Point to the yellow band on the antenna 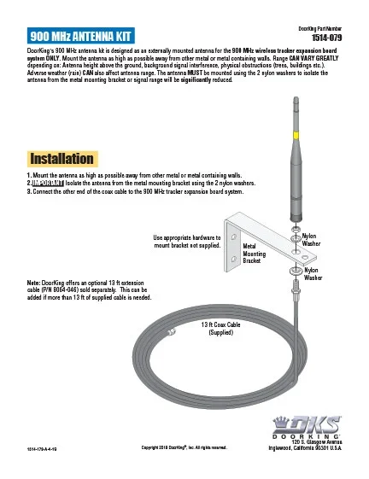pos(295,136)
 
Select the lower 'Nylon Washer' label pos(313,273)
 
